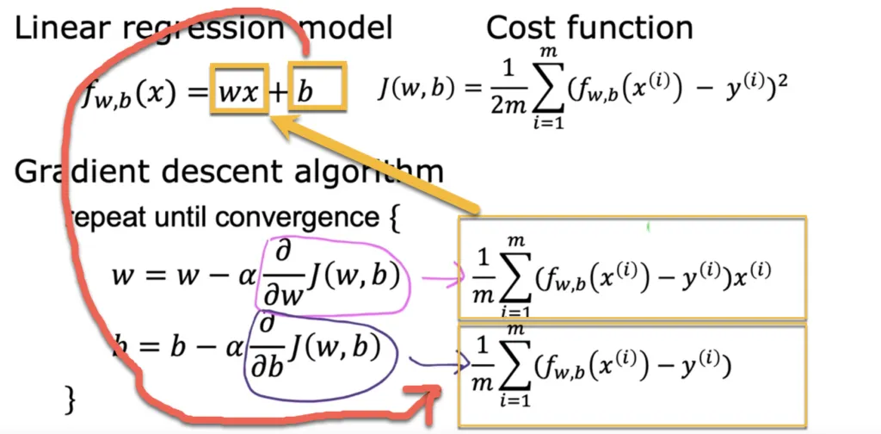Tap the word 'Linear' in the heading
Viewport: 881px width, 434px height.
tap(65, 28)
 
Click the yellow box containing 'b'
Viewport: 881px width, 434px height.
tap(318, 90)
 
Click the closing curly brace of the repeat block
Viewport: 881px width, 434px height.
tap(73, 399)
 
